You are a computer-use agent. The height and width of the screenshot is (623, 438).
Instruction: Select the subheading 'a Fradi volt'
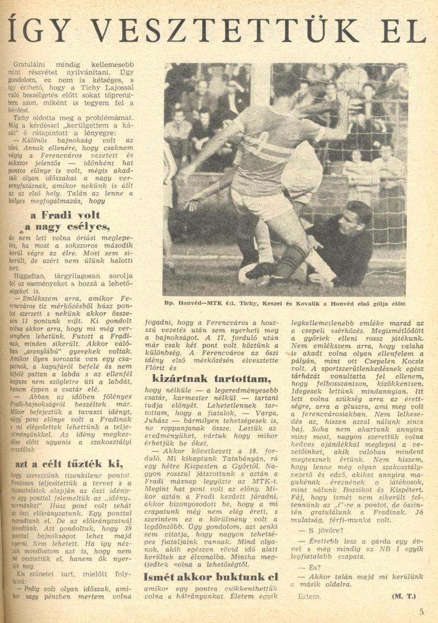point(73,215)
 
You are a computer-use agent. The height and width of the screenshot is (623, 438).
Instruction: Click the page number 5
point(421,612)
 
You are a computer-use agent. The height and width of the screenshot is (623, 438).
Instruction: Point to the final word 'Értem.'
point(310,597)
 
